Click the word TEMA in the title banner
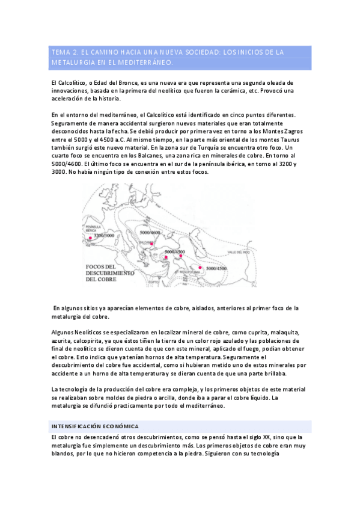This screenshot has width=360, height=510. coord(62,52)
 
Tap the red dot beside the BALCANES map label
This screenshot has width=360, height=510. coord(152,244)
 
